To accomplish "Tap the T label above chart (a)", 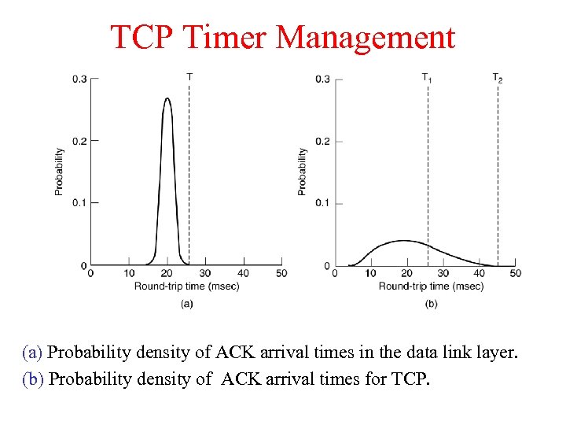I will [189, 76].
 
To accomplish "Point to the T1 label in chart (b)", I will [427, 77].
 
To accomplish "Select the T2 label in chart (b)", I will [498, 77].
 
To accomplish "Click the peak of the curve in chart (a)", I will [167, 99].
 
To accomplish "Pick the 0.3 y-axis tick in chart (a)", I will [80, 79].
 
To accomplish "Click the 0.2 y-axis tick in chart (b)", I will [323, 141].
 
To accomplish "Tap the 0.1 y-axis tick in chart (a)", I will [80, 202].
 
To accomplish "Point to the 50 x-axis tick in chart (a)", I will [281, 273].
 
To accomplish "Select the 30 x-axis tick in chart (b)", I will [443, 273].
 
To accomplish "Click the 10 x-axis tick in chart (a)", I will [129, 273].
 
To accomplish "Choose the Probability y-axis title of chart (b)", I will [303, 172].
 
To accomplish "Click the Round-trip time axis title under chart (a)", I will [186, 286].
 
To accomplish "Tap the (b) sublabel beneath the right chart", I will [431, 303].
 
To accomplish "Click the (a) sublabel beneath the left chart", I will [186, 303].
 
